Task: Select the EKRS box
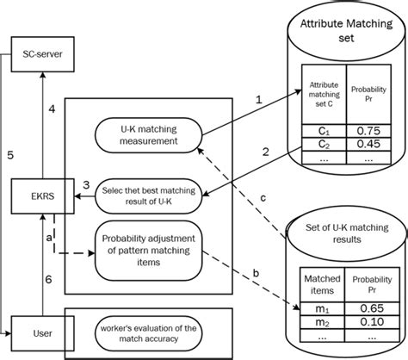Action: coord(38,198)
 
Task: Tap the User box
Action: coord(32,330)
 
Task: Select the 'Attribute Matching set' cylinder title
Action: coord(345,34)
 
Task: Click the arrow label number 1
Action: coord(258,102)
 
